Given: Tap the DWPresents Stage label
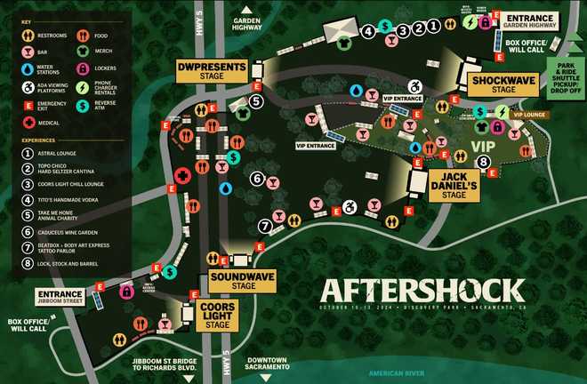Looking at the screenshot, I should [212, 70].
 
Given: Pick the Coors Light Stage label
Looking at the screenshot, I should [218, 315].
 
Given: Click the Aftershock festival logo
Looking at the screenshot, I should [422, 292].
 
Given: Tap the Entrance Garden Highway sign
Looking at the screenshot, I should [530, 20].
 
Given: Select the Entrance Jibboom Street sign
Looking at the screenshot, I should [60, 295].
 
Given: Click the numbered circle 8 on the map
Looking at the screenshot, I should [483, 162].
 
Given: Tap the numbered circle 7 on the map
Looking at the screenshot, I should [265, 226].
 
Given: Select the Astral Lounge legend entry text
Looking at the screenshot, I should [58, 153].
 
